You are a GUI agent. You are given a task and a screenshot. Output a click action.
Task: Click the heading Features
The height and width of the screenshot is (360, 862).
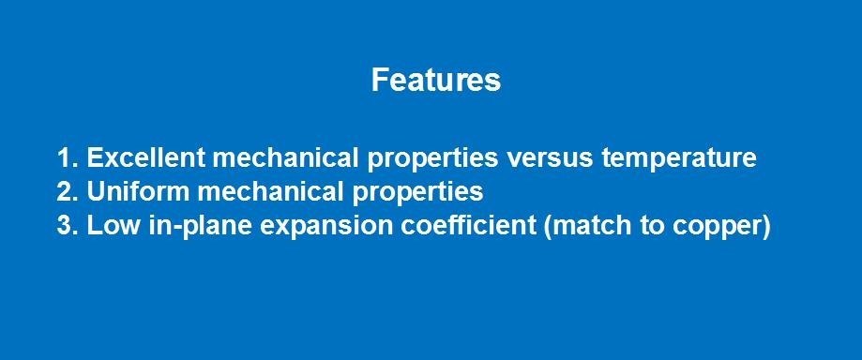click(436, 81)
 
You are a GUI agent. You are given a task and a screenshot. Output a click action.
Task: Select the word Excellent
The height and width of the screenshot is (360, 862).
click(146, 157)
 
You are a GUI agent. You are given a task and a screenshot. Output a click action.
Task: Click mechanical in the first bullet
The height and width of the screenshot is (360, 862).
click(285, 157)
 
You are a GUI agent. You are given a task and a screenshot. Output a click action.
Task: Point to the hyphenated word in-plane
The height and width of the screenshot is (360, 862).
click(202, 228)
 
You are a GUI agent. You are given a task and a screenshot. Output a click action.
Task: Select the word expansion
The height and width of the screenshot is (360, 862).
click(326, 228)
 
